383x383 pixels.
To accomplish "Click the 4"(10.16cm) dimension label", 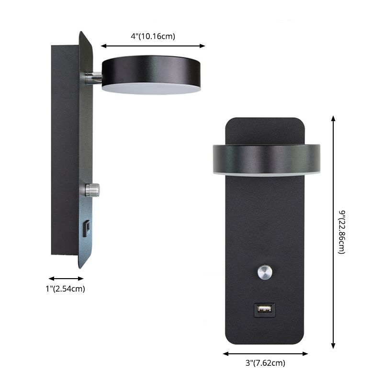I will (x=153, y=36).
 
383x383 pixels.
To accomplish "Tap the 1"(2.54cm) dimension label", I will (x=66, y=288).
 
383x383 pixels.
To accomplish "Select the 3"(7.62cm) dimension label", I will (x=265, y=363).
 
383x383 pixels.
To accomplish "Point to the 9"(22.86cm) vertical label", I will (x=341, y=232).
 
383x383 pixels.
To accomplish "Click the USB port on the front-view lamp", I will (x=264, y=308).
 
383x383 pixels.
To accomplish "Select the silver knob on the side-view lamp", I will (x=92, y=190).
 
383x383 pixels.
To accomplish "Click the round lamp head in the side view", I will (x=151, y=70).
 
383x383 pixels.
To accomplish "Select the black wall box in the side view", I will (x=65, y=151).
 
